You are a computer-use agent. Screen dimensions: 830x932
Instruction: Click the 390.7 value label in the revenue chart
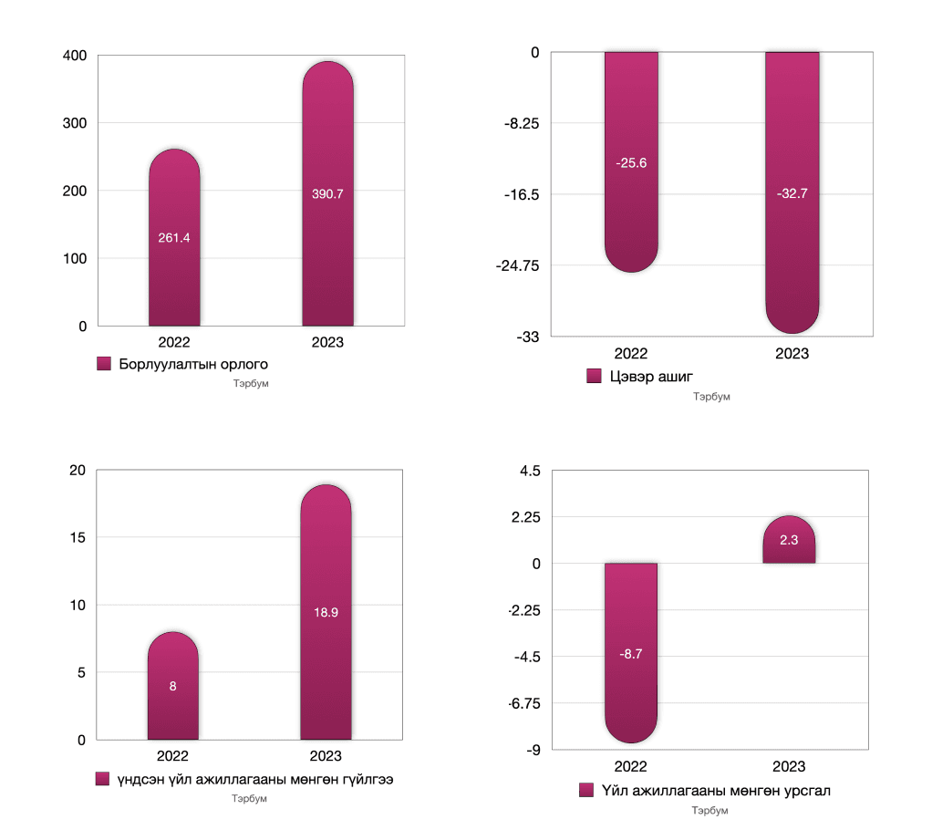click(x=327, y=194)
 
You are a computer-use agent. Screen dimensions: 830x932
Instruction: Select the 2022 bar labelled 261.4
click(x=174, y=255)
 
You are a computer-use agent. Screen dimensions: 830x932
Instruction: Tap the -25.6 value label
click(x=630, y=162)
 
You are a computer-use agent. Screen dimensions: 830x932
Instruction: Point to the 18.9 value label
click(x=326, y=613)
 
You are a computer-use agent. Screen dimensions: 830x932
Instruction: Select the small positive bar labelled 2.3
click(x=789, y=543)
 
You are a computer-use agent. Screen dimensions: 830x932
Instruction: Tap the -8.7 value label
click(x=630, y=654)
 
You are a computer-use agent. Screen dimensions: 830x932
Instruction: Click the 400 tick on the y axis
click(x=76, y=56)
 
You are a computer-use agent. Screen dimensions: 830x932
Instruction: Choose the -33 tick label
click(x=527, y=337)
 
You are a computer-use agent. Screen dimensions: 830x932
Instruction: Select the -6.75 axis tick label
click(x=523, y=703)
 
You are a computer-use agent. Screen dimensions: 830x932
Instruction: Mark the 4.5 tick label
click(x=530, y=471)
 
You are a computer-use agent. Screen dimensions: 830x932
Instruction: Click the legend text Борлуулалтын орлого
click(x=192, y=365)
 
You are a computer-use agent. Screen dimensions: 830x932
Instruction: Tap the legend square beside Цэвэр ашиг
click(x=593, y=377)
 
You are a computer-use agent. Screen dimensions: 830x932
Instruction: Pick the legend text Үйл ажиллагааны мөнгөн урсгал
click(x=716, y=791)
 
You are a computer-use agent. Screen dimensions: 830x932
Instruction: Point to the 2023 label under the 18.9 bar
click(x=326, y=756)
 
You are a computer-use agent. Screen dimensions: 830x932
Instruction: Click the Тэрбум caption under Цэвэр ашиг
click(x=711, y=397)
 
